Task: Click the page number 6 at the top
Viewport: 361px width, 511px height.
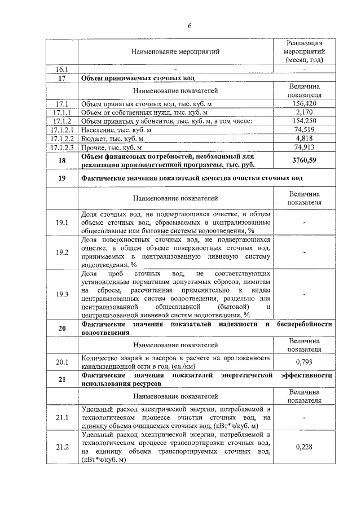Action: click(x=190, y=26)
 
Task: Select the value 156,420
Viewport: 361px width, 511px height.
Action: click(x=304, y=104)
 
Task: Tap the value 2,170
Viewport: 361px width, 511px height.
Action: click(x=304, y=112)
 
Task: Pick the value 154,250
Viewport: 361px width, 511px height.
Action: click(x=304, y=121)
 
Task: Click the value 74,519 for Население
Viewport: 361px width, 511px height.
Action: click(x=304, y=129)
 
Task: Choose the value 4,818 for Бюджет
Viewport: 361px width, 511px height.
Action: click(x=304, y=138)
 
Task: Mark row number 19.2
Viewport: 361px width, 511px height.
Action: click(x=62, y=252)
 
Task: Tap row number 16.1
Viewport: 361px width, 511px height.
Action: click(x=62, y=69)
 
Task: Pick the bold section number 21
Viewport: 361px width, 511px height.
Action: click(x=62, y=379)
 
